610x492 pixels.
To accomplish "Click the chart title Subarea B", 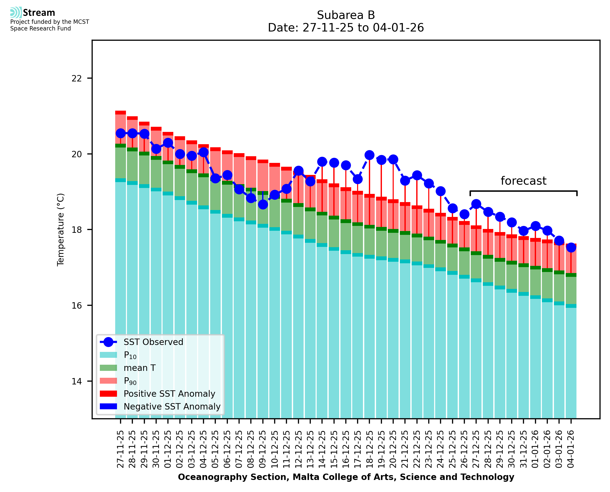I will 346,15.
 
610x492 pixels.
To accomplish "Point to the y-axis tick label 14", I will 77,381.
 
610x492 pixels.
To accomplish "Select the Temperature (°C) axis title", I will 61,229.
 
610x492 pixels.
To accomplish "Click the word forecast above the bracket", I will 523,181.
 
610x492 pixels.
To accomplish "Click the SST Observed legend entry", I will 153,342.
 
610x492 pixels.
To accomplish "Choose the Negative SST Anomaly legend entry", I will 172,406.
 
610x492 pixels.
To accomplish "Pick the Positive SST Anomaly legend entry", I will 169,394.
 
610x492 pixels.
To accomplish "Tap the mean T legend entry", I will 140,368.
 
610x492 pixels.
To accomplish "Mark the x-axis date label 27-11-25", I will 121,449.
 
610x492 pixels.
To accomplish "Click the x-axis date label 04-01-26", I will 571,449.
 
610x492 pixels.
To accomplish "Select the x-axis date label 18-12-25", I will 369,449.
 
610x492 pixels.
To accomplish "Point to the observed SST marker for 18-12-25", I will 369,155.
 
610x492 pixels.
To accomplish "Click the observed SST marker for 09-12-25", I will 263,204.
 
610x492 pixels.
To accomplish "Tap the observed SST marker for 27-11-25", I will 121,133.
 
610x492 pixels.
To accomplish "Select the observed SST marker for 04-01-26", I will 571,247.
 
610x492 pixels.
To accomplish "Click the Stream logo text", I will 39,13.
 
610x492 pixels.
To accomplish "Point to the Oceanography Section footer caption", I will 346,477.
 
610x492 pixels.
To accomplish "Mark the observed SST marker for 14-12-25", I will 322,162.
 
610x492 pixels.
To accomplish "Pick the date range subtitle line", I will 346,28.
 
